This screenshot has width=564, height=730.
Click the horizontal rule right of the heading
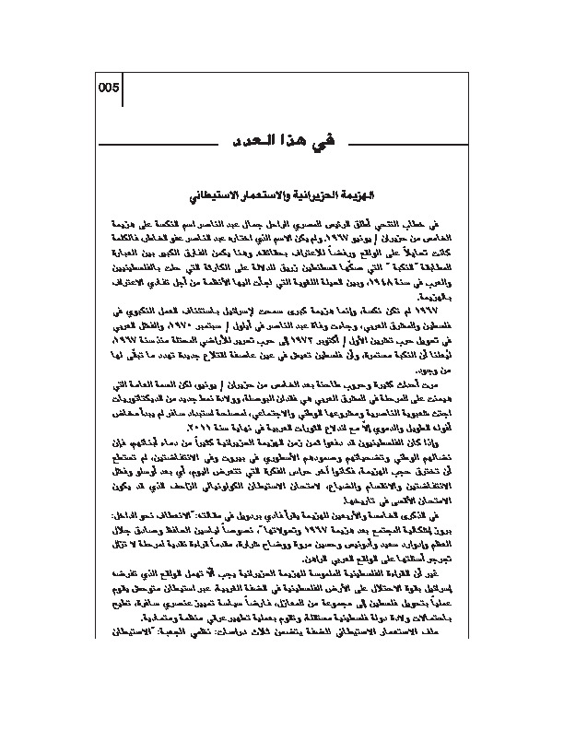405,141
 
